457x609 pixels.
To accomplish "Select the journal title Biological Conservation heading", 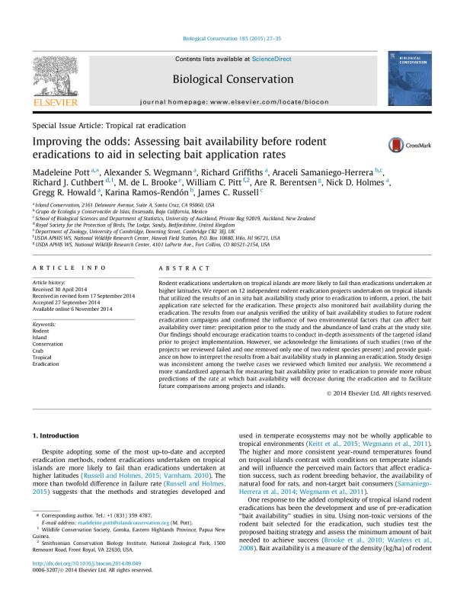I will pyautogui.click(x=228, y=78).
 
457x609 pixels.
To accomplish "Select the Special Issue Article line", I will pyautogui.click(x=109, y=124).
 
